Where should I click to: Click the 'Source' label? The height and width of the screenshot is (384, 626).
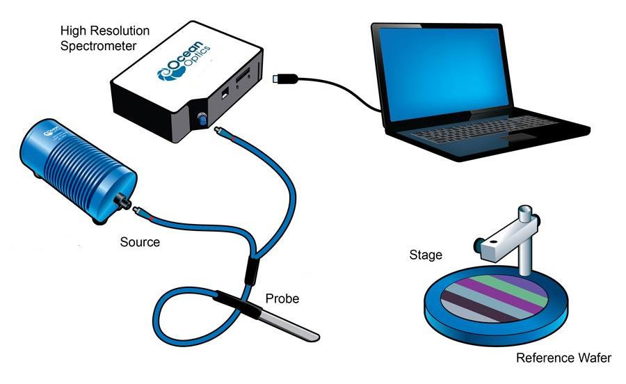(140, 243)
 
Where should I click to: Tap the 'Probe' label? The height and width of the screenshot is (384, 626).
(282, 299)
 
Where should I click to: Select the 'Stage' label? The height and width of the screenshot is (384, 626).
(426, 255)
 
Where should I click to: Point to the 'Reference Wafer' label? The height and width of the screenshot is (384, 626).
(563, 359)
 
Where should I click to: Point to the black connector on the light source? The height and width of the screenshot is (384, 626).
(127, 202)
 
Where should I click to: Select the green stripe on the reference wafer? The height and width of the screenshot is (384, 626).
(520, 286)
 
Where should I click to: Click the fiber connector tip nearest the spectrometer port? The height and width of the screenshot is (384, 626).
(220, 131)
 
